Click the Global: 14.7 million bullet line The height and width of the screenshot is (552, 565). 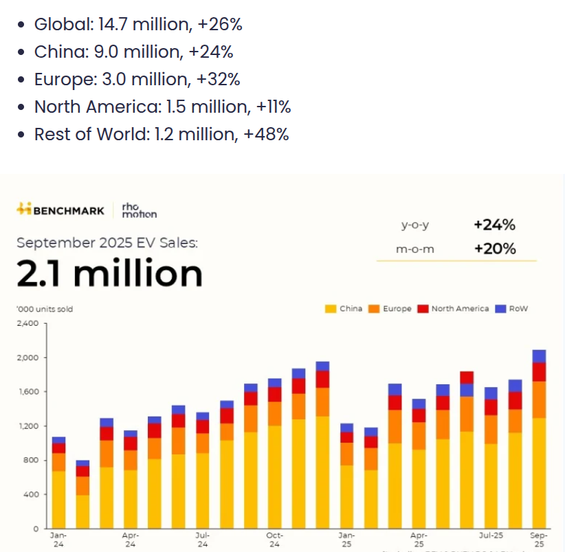[137, 25]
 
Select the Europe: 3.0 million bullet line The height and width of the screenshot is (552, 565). [137, 79]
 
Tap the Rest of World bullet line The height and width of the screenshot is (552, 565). [161, 134]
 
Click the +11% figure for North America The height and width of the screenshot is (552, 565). [274, 107]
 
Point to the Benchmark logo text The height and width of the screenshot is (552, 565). [69, 210]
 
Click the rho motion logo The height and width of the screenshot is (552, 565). [139, 210]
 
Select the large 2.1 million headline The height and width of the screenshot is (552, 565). [109, 274]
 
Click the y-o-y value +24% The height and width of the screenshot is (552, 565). [494, 225]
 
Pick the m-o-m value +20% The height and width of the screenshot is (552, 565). [494, 248]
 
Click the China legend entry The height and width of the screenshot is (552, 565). [344, 309]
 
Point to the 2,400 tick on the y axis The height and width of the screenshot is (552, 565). [28, 323]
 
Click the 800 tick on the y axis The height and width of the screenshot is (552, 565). [32, 460]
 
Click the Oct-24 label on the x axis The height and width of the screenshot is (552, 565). [274, 540]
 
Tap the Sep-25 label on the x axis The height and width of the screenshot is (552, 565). [540, 540]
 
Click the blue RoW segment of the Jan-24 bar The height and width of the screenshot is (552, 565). [58, 440]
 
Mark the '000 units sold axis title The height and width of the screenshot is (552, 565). [45, 309]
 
